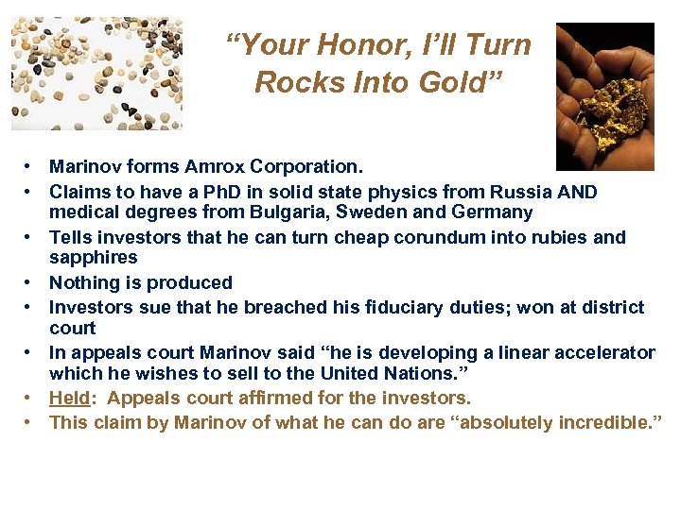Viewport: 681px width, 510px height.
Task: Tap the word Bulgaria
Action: point(288,212)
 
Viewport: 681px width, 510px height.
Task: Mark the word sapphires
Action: point(93,257)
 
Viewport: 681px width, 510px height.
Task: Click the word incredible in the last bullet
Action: point(596,422)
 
